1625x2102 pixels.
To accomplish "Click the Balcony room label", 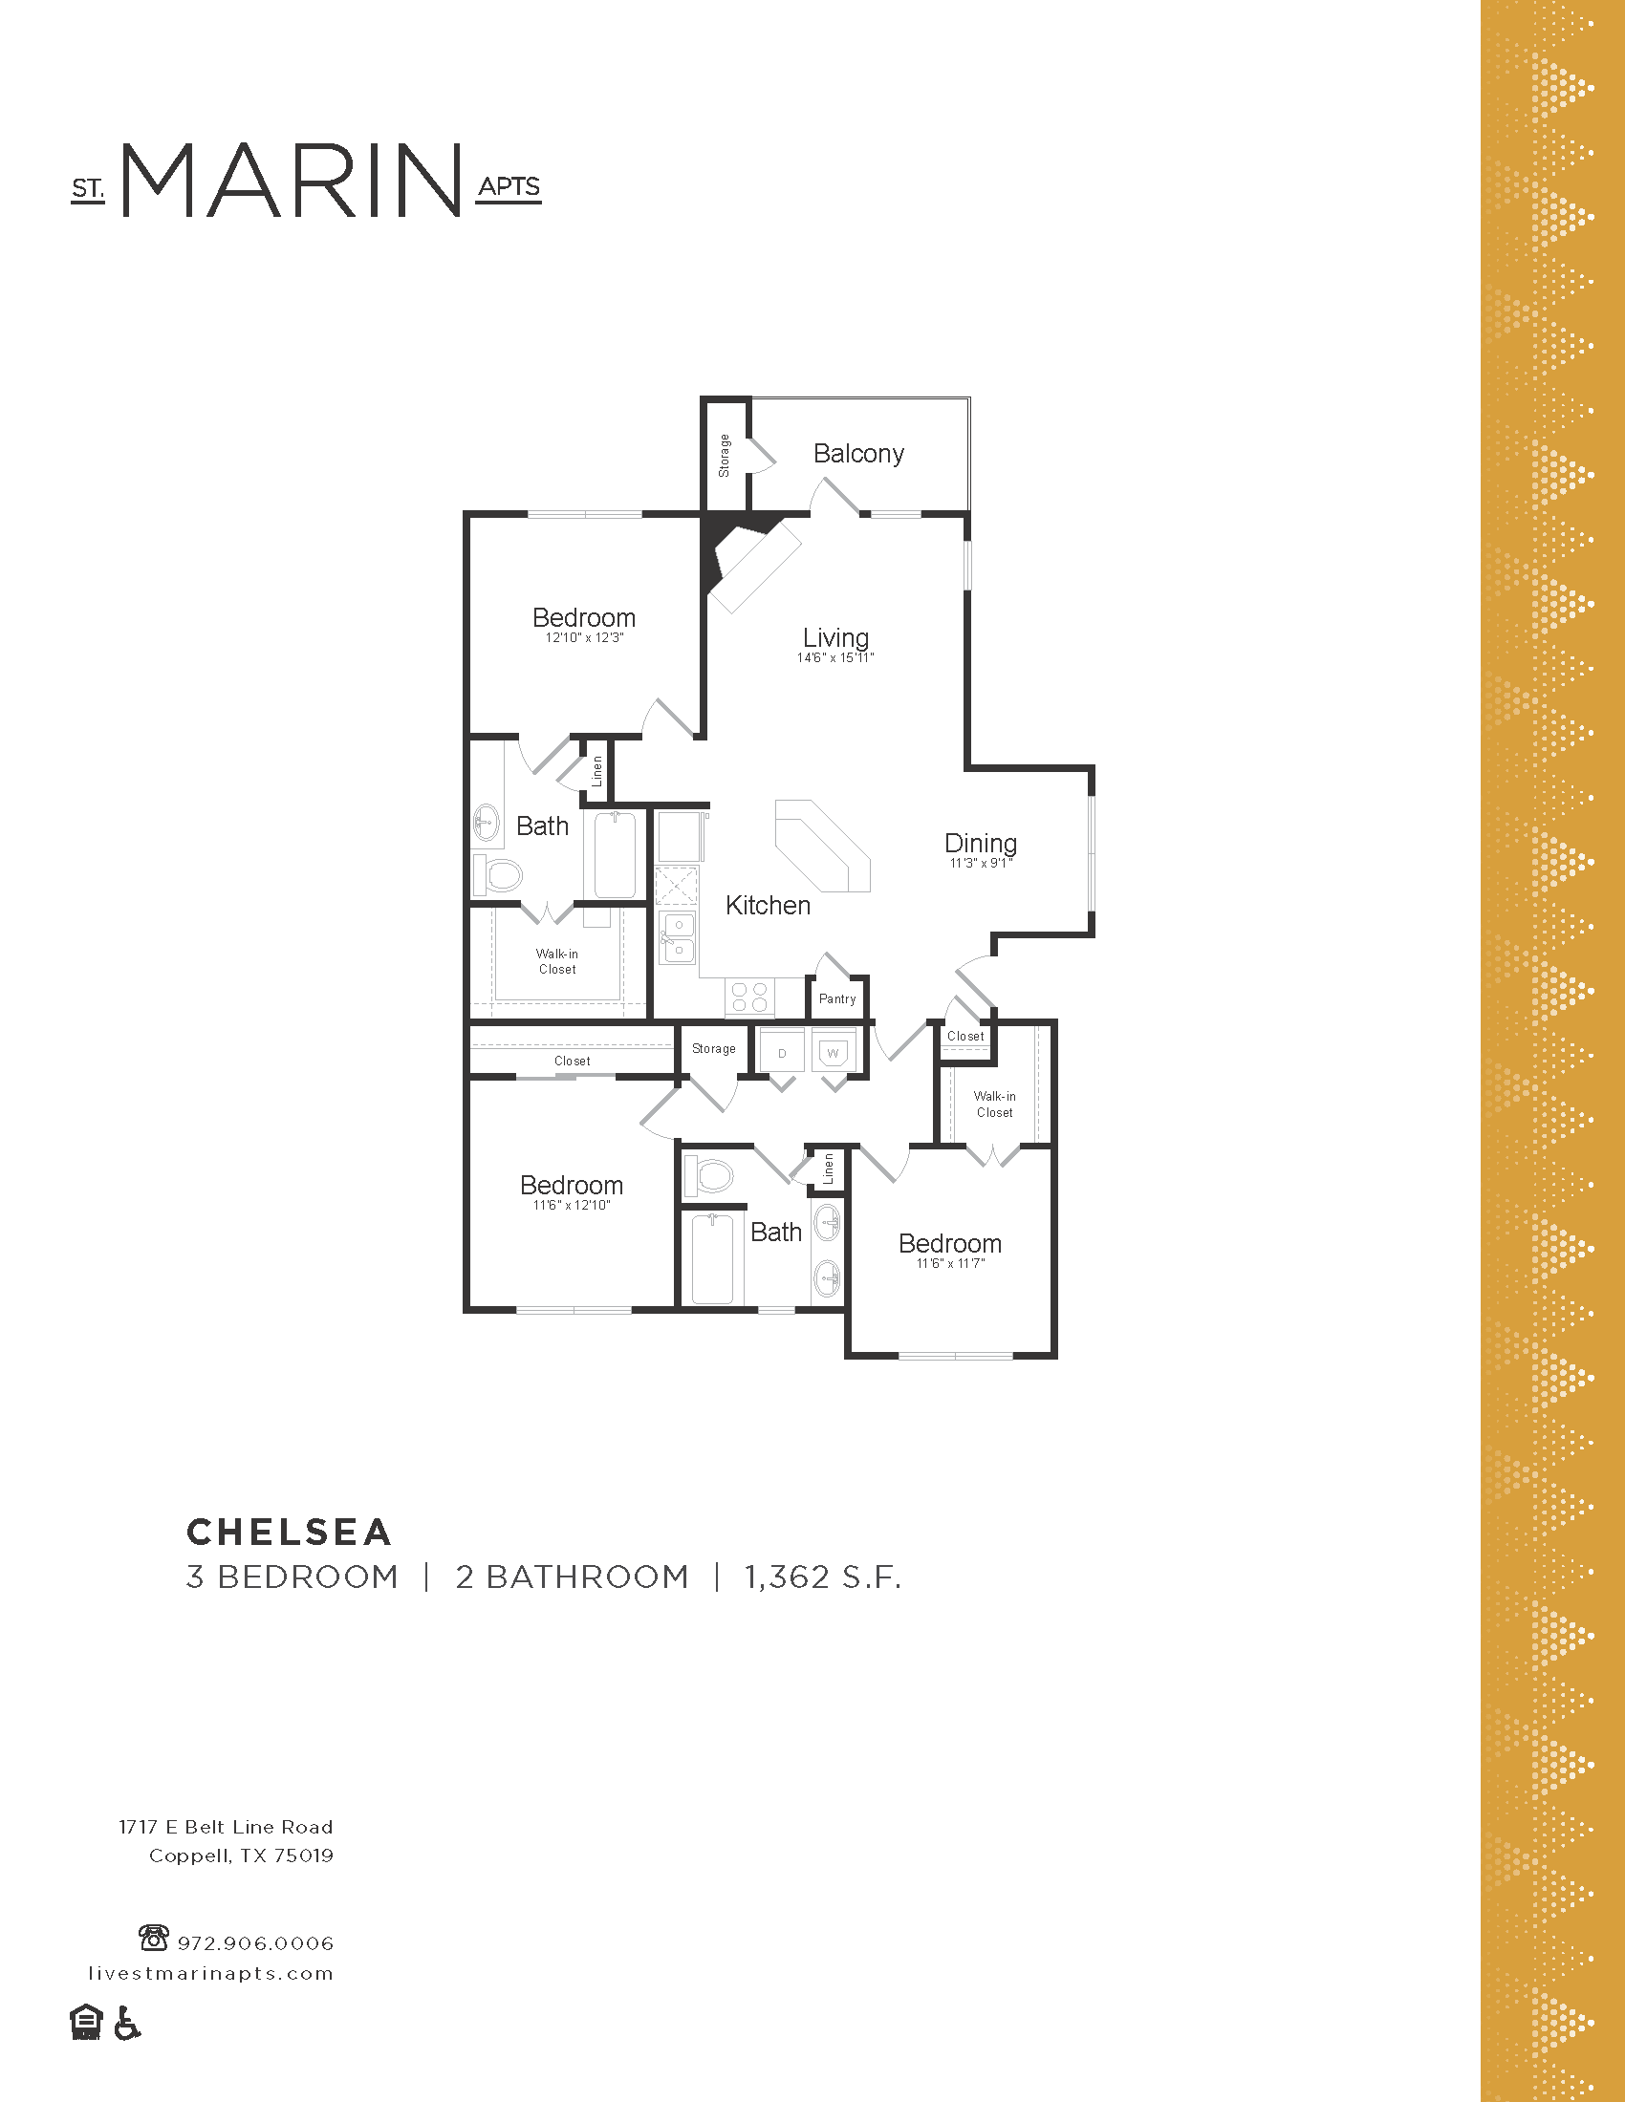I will point(857,453).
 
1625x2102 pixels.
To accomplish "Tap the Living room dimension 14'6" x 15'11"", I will point(834,658).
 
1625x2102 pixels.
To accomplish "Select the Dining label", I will point(980,843).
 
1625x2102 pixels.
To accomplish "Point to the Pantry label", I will point(836,999).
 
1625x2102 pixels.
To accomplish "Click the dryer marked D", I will point(781,1052).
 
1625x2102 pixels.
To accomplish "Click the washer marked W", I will point(833,1052).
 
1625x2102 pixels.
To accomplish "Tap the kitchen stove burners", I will point(749,997).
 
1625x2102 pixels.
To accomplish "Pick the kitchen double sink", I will point(677,938).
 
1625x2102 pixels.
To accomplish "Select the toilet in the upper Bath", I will point(499,875).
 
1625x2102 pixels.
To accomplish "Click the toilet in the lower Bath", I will point(708,1175).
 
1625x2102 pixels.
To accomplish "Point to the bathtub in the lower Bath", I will point(712,1259).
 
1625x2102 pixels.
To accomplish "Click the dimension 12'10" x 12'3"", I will point(583,638).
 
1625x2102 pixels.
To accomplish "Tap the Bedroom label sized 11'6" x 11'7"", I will point(949,1243).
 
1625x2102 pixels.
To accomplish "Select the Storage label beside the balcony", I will point(724,455).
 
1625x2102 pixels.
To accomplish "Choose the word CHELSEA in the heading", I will point(289,1532).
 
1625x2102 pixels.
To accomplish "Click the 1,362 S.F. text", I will point(822,1577).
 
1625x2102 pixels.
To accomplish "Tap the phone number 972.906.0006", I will point(255,1943).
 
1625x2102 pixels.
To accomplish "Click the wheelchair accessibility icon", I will point(127,2023).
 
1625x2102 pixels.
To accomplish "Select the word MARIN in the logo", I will point(291,181).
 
